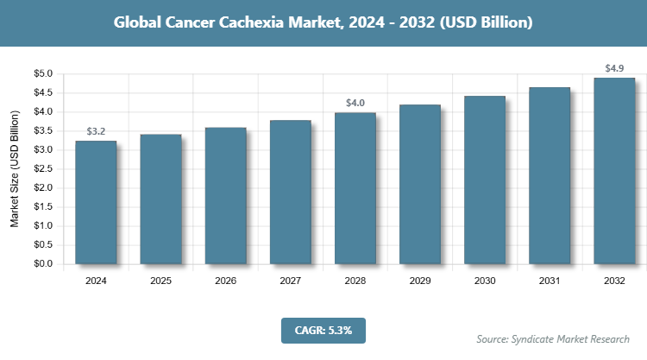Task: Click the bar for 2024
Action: point(96,203)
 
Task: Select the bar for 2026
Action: point(225,196)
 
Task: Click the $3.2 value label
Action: point(96,131)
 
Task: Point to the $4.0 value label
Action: point(355,103)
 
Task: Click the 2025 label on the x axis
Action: point(160,281)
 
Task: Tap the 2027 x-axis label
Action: point(291,281)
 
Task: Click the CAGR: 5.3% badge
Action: point(323,329)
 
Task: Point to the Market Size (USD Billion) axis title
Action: point(15,169)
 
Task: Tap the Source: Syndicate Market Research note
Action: point(553,338)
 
